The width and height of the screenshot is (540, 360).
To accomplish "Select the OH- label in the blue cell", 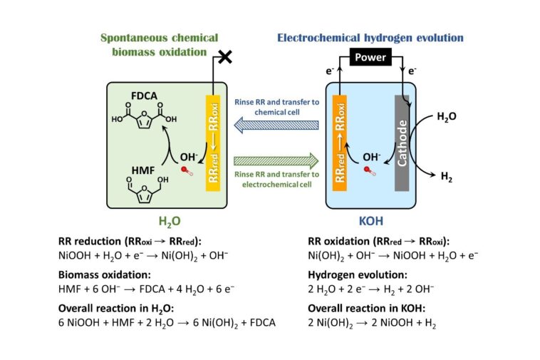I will pyautogui.click(x=372, y=154).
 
